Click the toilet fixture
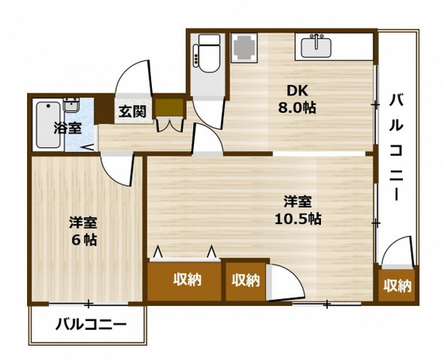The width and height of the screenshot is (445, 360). click(x=208, y=54)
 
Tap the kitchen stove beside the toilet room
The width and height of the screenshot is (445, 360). click(x=245, y=47)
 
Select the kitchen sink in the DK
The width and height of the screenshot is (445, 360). click(x=321, y=46)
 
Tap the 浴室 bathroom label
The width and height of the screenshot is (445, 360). click(x=66, y=127)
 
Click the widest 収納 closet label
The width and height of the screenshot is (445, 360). click(x=186, y=279)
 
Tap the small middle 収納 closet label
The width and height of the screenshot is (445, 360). click(x=246, y=280)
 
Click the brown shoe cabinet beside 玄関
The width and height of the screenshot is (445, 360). click(x=168, y=107)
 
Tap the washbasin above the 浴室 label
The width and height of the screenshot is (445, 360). click(x=72, y=106)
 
